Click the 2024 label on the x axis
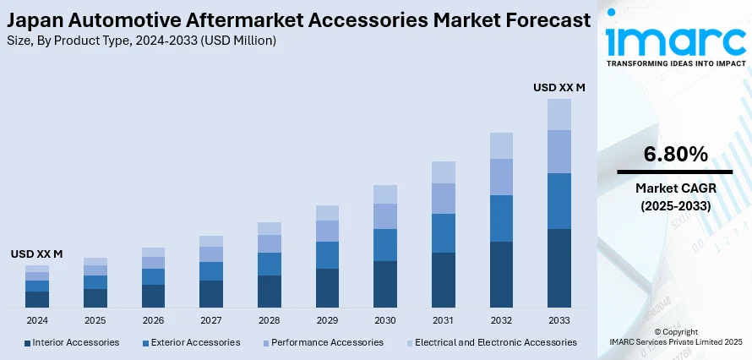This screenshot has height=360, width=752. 37,321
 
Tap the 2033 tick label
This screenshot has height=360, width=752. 559,321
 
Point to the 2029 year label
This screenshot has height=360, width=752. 327,321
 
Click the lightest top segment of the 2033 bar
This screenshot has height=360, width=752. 559,114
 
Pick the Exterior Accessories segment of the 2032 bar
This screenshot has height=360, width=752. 501,218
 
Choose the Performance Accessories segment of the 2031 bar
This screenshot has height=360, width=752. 444,198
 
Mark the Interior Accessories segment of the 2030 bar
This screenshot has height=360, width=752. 385,283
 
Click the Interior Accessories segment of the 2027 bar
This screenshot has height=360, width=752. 211,293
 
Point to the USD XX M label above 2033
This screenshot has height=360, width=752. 559,87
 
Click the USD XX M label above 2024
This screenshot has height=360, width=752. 36,254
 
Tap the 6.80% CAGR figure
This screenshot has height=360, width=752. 675,155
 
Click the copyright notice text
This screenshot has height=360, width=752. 675,336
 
